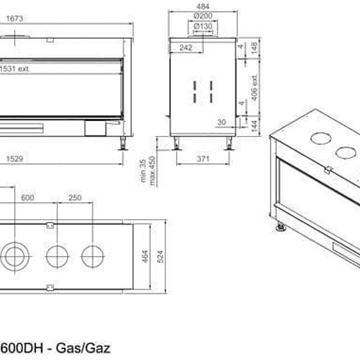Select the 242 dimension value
(x=185, y=46)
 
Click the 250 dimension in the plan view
(x=75, y=196)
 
